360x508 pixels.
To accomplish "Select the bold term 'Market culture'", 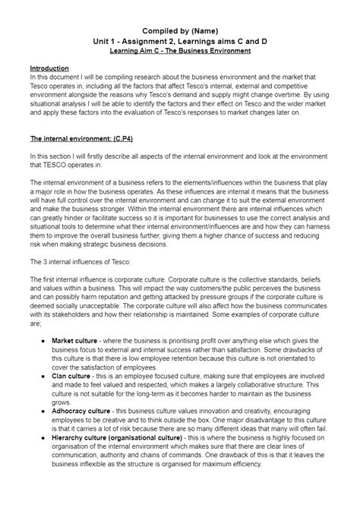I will pos(74,341).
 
